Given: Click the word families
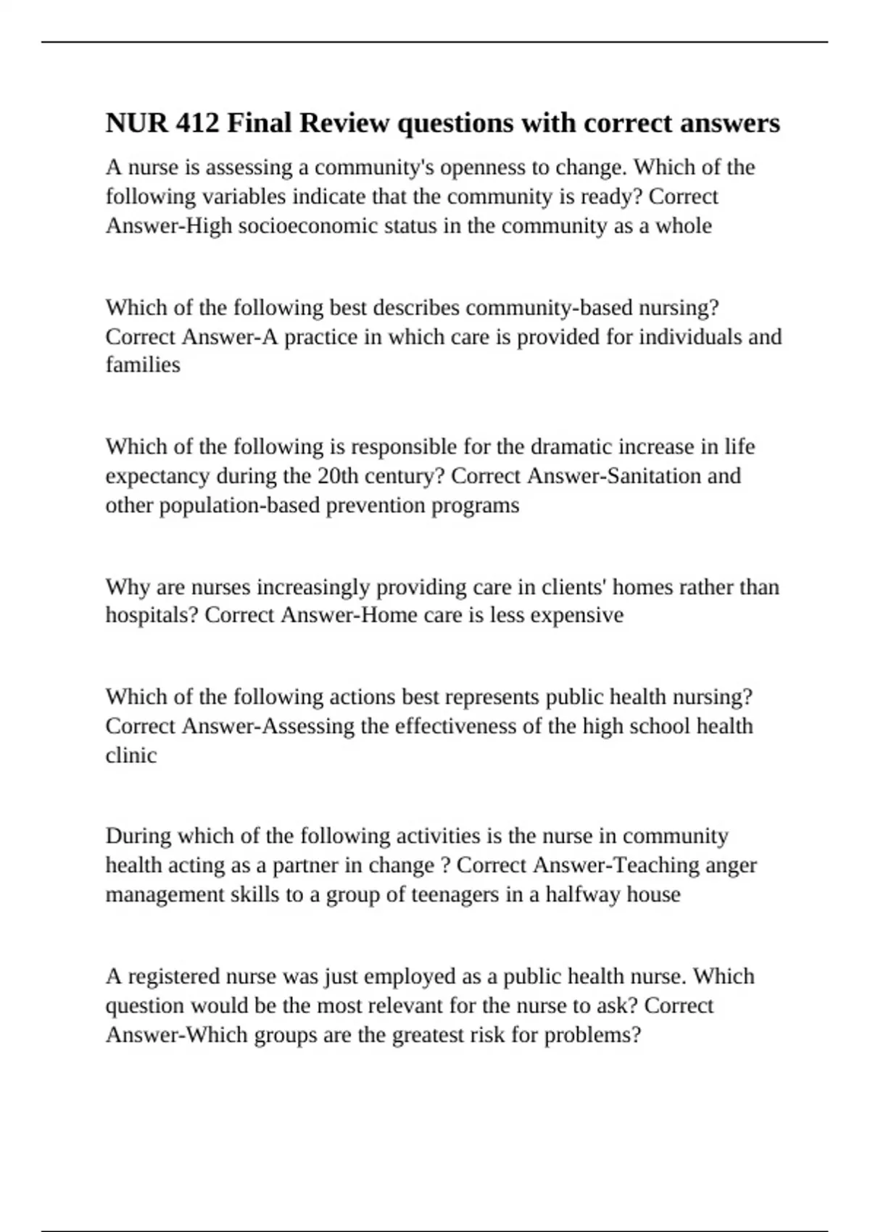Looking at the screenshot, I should (x=143, y=365).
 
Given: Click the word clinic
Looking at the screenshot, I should (x=131, y=755).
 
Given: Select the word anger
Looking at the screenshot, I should (x=731, y=865).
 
